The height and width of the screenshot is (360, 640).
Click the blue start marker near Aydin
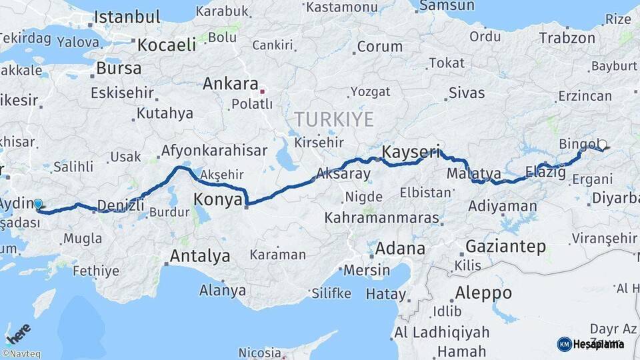pos(38,204)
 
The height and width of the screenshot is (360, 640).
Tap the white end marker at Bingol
pos(602,145)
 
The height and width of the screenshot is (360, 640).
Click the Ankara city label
pos(230,84)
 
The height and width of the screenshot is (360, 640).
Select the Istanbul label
pos(127,17)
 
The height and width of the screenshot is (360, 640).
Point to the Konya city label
pos(217,199)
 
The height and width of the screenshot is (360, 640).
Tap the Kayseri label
pos(411,153)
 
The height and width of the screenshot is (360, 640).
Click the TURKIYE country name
pos(334,119)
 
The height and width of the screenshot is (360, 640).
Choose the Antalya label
pos(199,256)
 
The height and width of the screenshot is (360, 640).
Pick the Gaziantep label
pos(505,246)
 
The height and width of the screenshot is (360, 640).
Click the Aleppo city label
pos(483,293)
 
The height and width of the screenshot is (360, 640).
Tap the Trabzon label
pos(567,39)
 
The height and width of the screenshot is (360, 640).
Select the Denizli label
pos(121,205)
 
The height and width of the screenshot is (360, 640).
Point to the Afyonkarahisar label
pos(214,151)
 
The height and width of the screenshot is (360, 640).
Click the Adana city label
pos(400,249)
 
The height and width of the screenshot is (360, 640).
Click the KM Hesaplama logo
pos(591,344)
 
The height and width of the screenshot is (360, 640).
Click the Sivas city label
pos(467,93)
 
